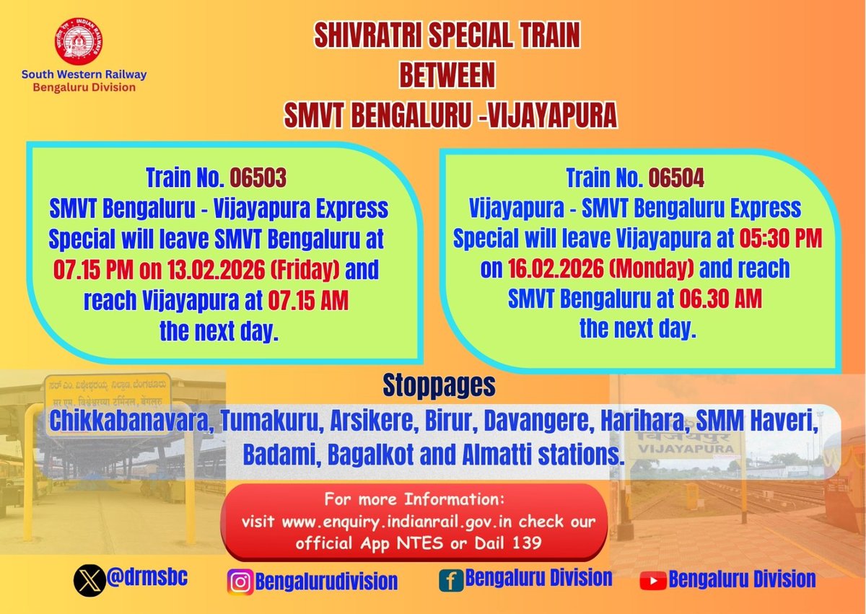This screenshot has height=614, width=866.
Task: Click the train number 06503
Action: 258,177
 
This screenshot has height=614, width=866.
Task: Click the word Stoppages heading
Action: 439,385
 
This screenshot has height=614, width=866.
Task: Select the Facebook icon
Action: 450,579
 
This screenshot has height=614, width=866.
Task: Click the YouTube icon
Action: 653,579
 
